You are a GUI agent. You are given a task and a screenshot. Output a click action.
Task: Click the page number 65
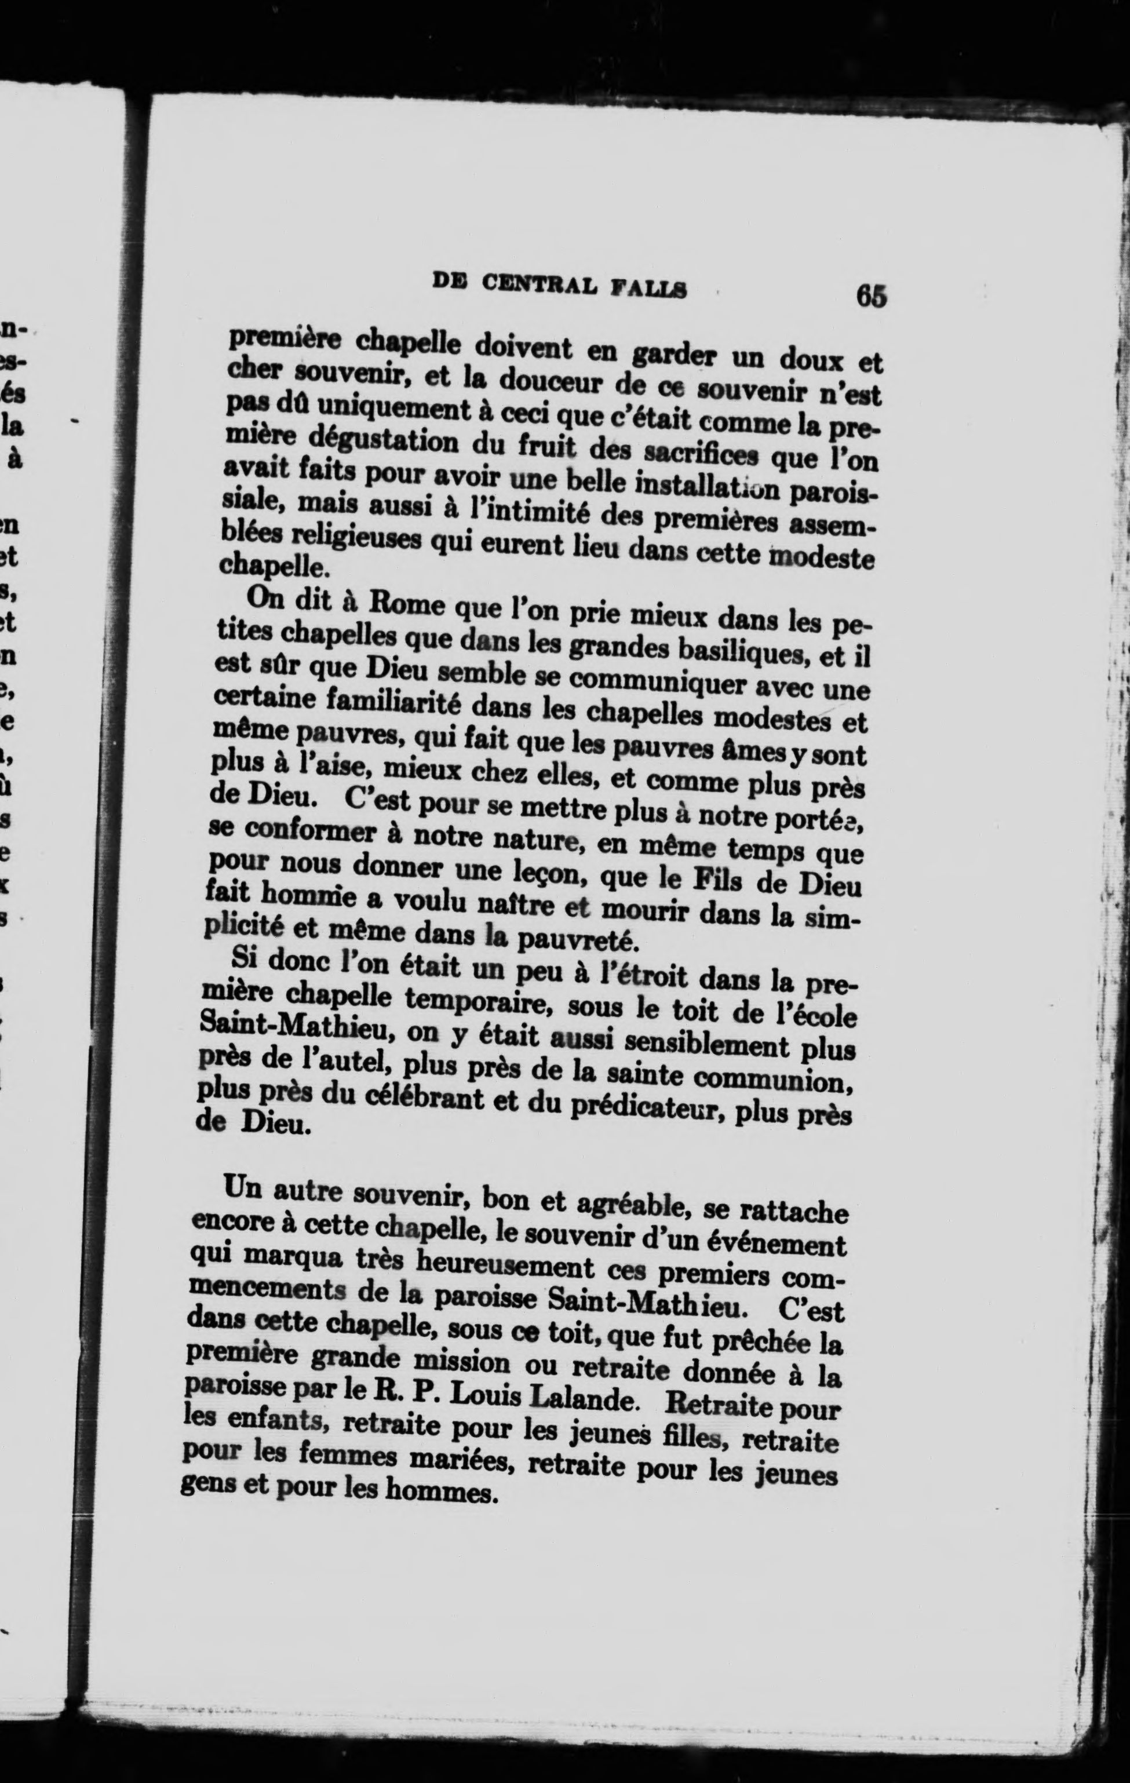pyautogui.click(x=871, y=296)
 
